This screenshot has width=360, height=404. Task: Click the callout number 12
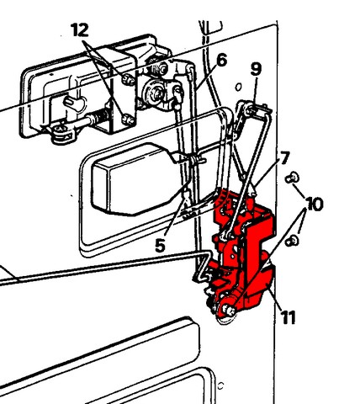point(80,30)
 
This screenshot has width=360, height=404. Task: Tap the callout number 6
point(222,61)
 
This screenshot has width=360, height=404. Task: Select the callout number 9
point(256,69)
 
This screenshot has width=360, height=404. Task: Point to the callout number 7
point(284,158)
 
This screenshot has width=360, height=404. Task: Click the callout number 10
point(315,204)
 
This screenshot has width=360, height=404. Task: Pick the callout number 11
point(288,318)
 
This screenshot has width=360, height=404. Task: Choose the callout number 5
point(160,246)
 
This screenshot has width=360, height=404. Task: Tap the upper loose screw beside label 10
point(292,178)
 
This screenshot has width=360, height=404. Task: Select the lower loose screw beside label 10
point(292,241)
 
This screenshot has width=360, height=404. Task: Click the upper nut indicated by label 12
point(129,79)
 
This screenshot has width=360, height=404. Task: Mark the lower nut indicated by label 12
point(129,120)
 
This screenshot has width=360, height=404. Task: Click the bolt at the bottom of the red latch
point(228,310)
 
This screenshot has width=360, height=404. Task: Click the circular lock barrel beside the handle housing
point(154,93)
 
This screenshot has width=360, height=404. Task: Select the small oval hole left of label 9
point(238,87)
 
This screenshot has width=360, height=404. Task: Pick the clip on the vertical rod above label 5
point(195,160)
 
